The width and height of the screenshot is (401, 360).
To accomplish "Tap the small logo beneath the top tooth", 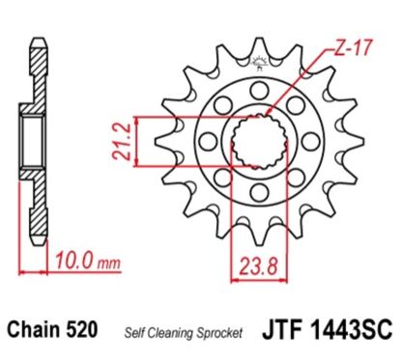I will coord(257,65).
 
